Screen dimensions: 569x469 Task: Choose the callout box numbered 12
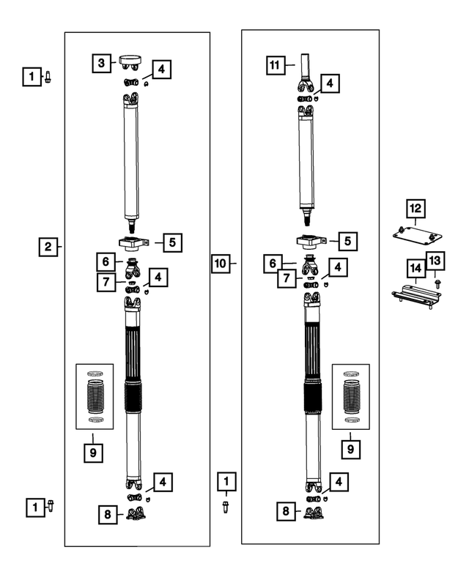tap(416, 209)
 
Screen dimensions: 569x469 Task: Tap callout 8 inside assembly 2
tap(108, 515)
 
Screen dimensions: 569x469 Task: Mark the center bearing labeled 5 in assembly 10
tap(309, 241)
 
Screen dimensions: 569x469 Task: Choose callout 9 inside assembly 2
tap(94, 453)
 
